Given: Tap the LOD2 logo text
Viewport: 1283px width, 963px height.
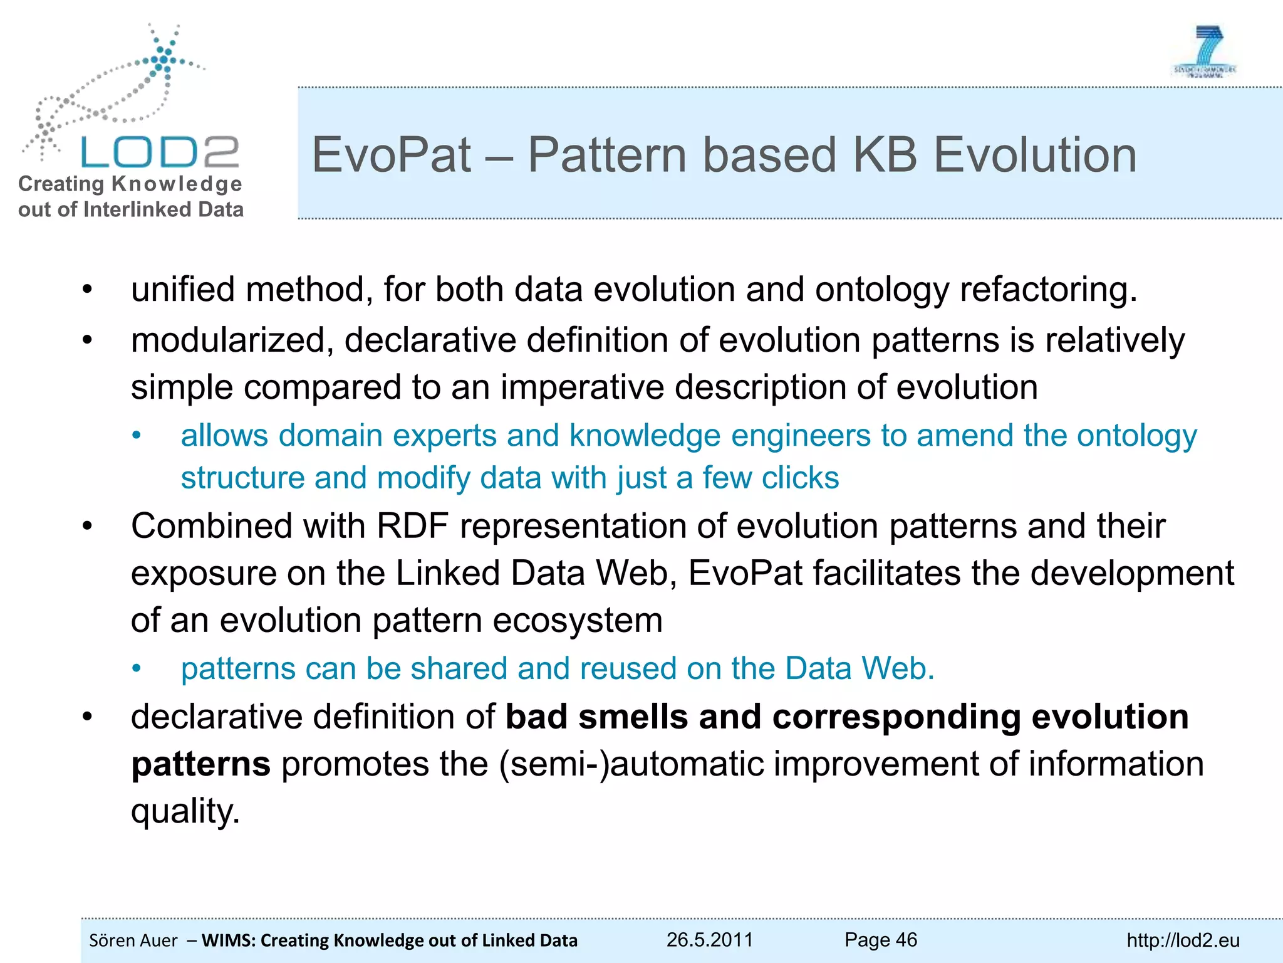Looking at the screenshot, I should pyautogui.click(x=160, y=152).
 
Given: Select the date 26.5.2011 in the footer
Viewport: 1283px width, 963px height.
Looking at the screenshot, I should pyautogui.click(x=709, y=939).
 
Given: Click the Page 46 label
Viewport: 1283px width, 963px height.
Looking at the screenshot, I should pyautogui.click(x=880, y=939).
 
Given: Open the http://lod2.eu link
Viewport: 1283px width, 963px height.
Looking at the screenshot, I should pyautogui.click(x=1183, y=940).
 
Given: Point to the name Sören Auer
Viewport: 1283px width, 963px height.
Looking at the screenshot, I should pyautogui.click(x=133, y=940).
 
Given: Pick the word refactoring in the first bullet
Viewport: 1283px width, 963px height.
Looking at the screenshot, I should pyautogui.click(x=1047, y=290).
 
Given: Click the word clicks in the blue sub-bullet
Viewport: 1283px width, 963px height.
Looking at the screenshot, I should pyautogui.click(x=800, y=478).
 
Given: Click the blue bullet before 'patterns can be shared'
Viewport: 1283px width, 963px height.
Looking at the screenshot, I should pyautogui.click(x=137, y=669).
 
